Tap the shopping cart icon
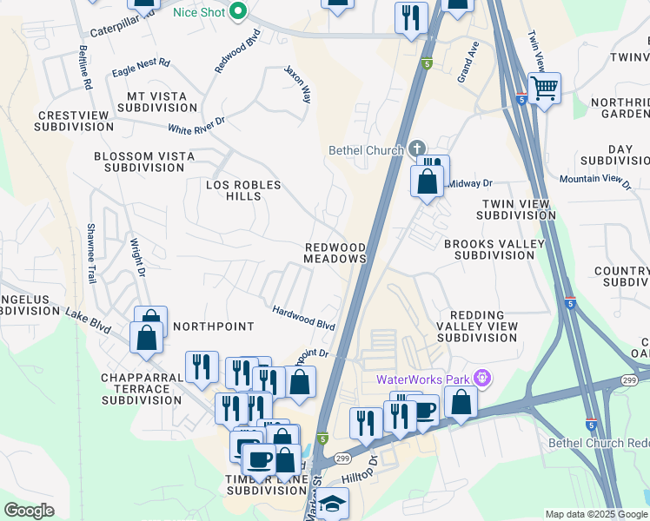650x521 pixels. click(x=544, y=87)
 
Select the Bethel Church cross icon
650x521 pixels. click(x=417, y=149)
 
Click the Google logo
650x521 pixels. click(x=29, y=511)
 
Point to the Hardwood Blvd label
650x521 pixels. click(x=303, y=317)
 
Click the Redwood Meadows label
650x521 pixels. click(x=335, y=253)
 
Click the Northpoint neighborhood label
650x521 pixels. click(x=213, y=326)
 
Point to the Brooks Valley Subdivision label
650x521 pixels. click(x=494, y=250)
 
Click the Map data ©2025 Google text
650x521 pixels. click(x=596, y=514)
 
